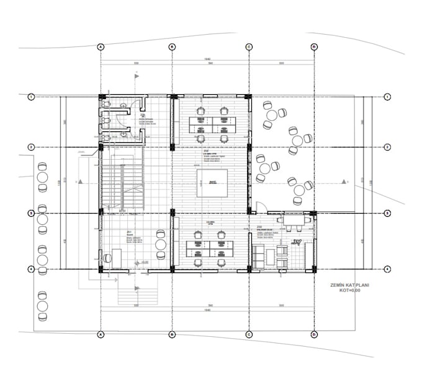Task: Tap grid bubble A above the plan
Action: [100, 47]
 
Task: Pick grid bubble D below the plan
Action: [314, 334]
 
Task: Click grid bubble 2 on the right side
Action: [387, 147]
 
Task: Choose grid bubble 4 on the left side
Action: [30, 269]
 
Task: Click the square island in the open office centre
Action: [212, 183]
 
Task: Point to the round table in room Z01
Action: [161, 244]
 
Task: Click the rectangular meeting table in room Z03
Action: [294, 219]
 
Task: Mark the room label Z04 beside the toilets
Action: [143, 116]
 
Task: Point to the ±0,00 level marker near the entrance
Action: [143, 263]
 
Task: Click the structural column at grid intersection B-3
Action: [173, 213]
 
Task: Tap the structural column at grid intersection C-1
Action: [248, 97]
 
